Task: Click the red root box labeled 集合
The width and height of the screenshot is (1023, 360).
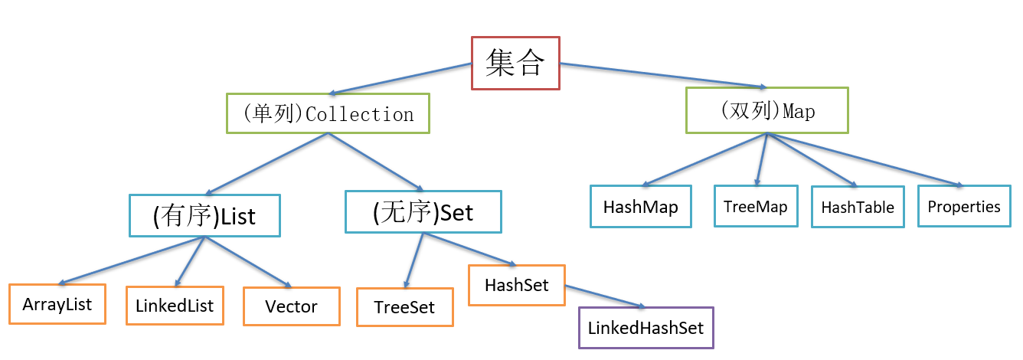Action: (x=515, y=63)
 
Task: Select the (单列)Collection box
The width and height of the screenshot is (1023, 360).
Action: (x=328, y=113)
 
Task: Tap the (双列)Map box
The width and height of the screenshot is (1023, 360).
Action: (x=767, y=110)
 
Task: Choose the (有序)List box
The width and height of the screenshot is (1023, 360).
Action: (x=204, y=216)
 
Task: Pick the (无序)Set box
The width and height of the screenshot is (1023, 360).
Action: (x=423, y=211)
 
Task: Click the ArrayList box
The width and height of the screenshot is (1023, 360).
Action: (x=57, y=304)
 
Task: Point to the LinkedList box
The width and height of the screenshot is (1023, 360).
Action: (x=175, y=306)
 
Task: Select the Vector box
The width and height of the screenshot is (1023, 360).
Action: (x=292, y=306)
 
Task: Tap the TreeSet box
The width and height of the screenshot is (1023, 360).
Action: (x=405, y=307)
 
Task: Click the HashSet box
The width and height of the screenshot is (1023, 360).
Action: (x=517, y=285)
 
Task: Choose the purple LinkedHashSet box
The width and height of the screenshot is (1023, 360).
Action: (x=646, y=328)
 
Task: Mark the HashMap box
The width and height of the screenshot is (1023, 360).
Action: (x=641, y=206)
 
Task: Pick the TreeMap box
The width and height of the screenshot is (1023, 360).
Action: (x=756, y=206)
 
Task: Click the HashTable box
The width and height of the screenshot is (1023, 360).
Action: (x=858, y=207)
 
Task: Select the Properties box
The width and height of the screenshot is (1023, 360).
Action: (x=964, y=206)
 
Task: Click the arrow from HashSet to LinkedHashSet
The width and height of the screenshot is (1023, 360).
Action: (x=605, y=296)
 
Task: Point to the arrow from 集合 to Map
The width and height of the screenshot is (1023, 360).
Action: (x=663, y=75)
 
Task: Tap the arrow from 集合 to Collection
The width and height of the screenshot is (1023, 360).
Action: (x=400, y=79)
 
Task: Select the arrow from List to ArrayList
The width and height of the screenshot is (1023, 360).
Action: (x=132, y=261)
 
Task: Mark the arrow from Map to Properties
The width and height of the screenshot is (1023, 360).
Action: (x=865, y=159)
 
